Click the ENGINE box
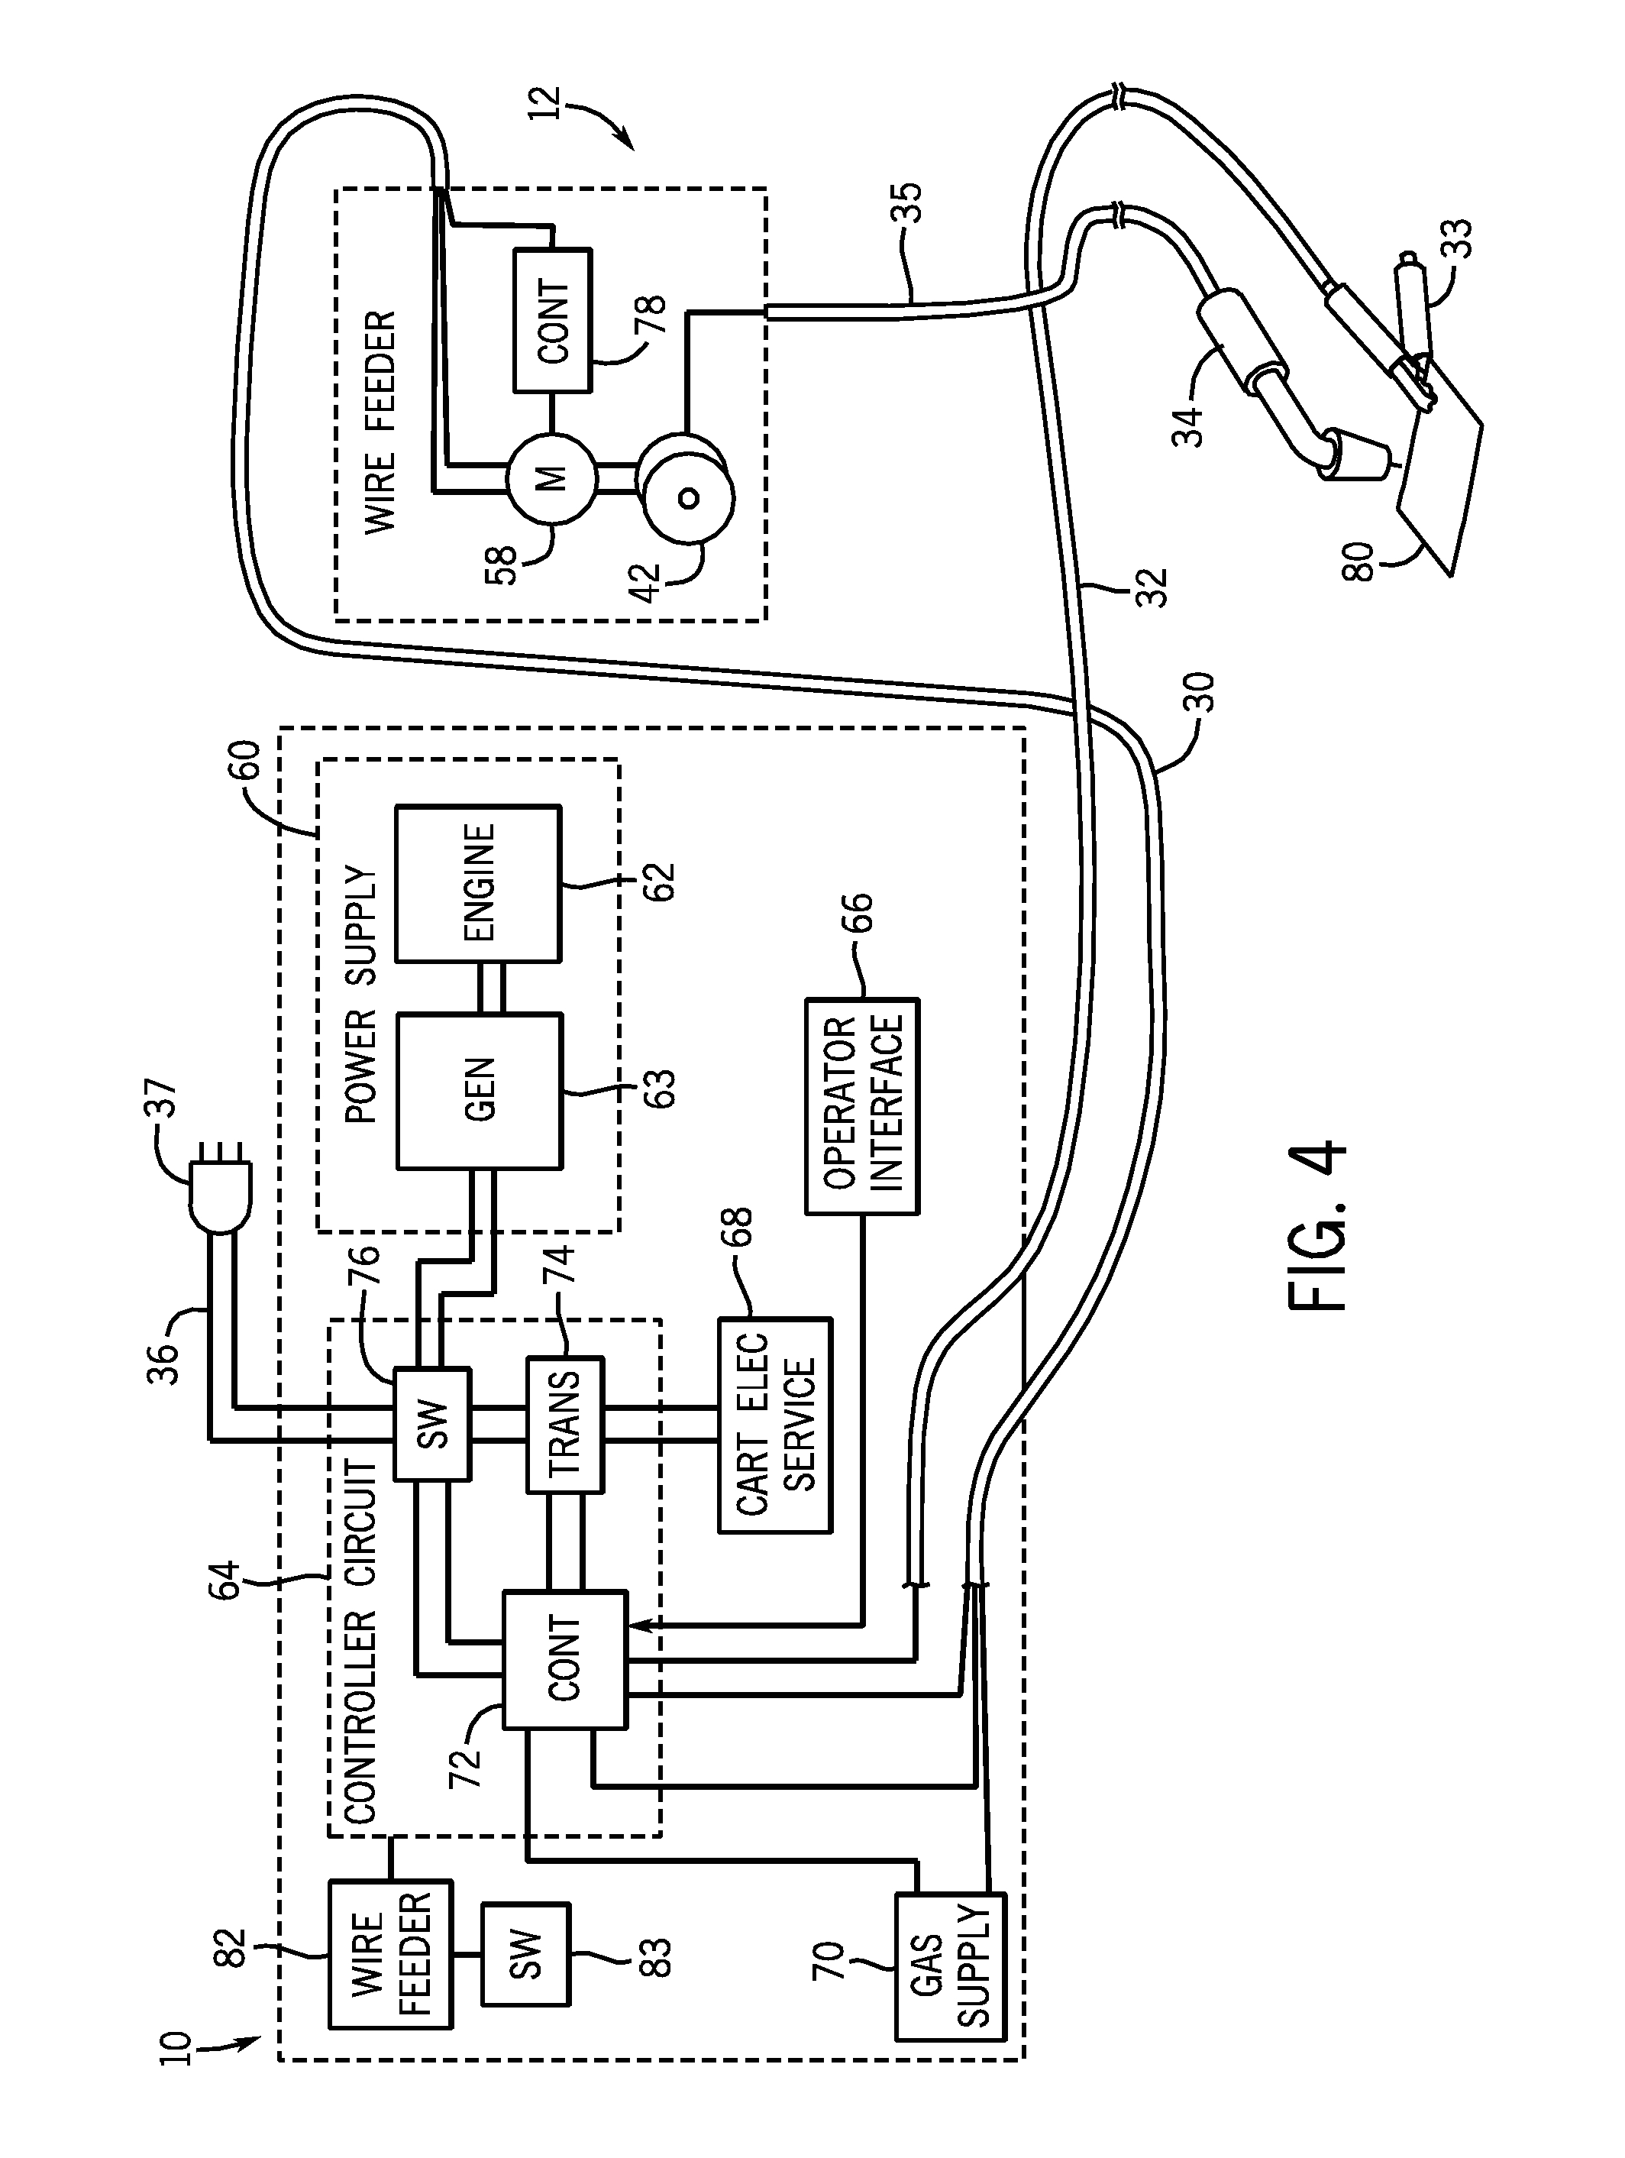click(477, 883)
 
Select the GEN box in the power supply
click(479, 1090)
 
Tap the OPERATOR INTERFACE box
click(862, 1105)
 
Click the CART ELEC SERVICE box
click(775, 1425)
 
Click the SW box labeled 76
click(432, 1423)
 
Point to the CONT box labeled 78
click(552, 321)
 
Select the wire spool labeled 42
click(686, 497)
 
